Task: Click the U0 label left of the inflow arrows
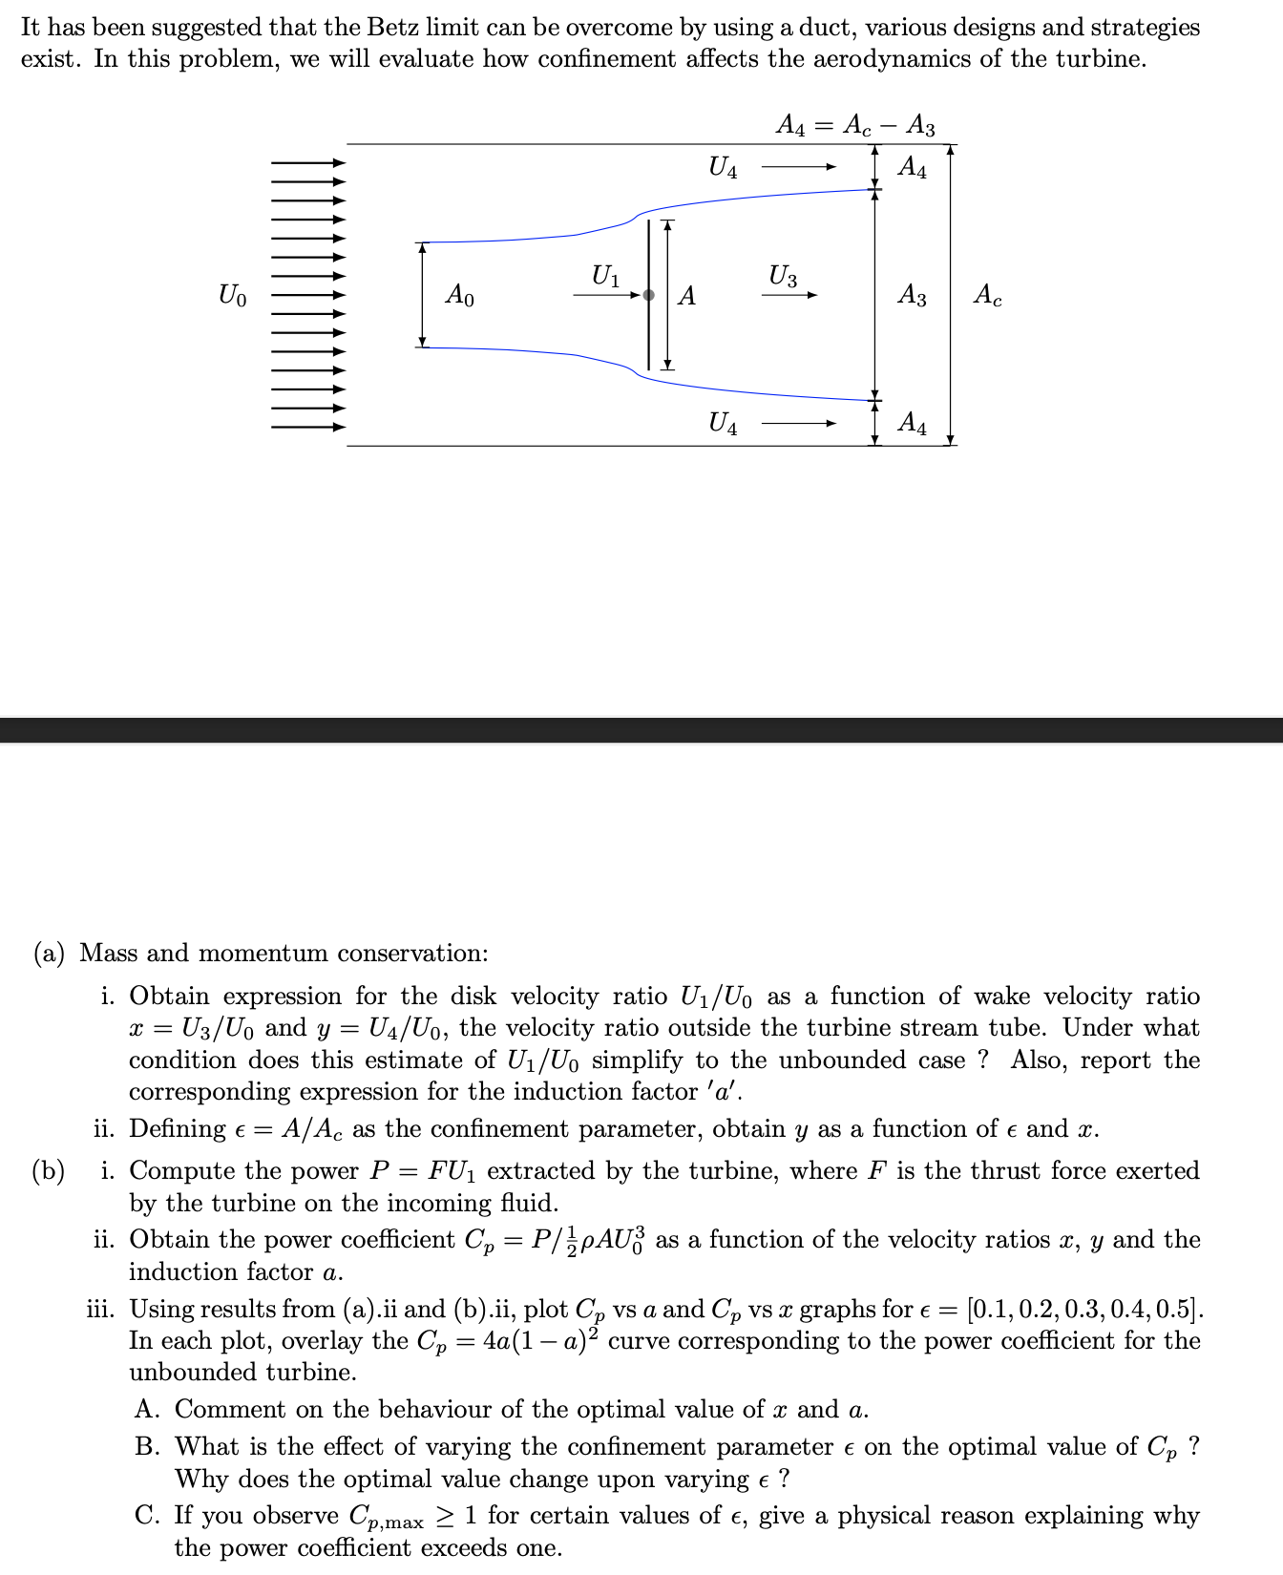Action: coord(232,296)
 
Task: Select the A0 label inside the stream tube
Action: coord(459,296)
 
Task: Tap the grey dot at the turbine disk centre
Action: coord(649,295)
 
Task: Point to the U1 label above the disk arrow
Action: coord(605,277)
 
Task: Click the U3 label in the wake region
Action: coord(783,277)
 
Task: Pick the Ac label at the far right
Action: coord(988,296)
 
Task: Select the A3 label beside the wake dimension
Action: coord(912,296)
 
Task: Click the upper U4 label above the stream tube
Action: coord(723,168)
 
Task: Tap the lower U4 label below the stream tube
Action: coord(723,423)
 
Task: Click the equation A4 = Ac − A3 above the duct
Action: coord(855,126)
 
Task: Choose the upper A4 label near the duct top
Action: coord(912,168)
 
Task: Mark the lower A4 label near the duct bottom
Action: coord(912,423)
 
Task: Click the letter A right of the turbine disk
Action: coord(686,297)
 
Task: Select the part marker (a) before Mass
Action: coord(49,953)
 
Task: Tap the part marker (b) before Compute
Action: coord(49,1170)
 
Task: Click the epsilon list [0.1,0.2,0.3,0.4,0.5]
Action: coord(1084,1309)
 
